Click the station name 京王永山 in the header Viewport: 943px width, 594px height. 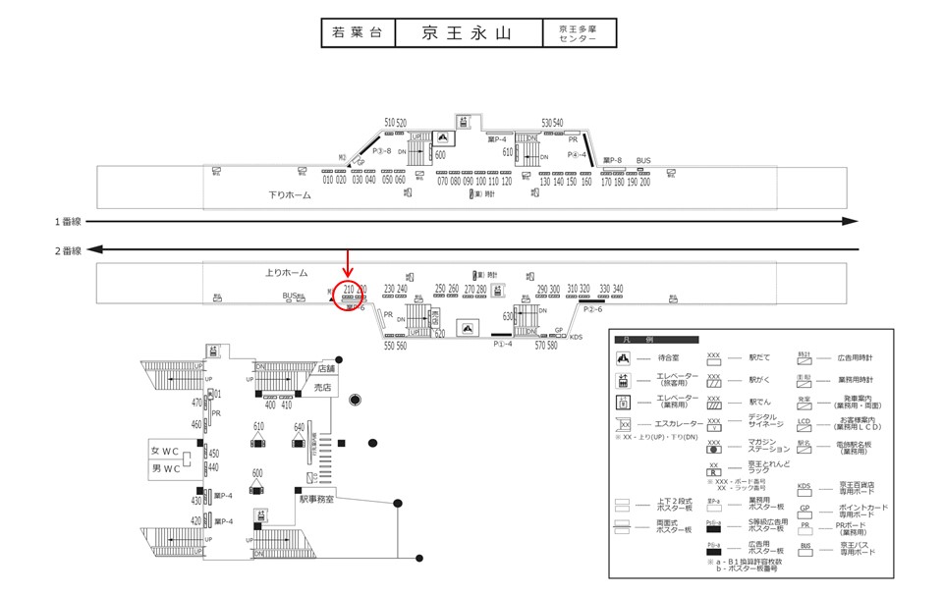point(467,33)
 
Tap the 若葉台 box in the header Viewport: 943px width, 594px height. point(358,33)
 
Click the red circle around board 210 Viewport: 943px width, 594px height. point(348,294)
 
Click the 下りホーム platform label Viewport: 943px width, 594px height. point(290,195)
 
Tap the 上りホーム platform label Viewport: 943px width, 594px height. point(287,272)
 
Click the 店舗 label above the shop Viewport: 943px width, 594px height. point(328,368)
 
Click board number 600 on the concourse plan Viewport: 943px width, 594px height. point(257,473)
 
